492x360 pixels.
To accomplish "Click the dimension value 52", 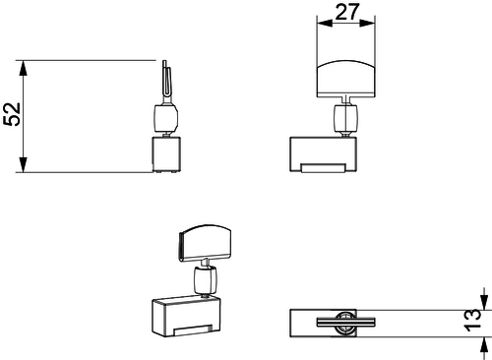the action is point(12,114).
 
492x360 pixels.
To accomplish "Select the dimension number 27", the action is point(347,12).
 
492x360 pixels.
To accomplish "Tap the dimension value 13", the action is point(472,320).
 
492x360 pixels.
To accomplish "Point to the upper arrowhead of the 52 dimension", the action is point(23,68).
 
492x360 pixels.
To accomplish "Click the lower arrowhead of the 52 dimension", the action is point(23,164).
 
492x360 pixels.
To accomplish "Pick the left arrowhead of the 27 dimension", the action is point(325,23).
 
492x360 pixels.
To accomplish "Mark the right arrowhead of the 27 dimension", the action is point(367,23).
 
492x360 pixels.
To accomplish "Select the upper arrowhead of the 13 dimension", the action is point(484,302).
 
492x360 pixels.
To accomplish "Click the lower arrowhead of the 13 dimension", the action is point(484,344).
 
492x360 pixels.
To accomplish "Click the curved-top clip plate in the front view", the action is point(345,79).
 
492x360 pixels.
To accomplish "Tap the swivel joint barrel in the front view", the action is point(345,117).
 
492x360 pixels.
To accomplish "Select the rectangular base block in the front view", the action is point(323,154).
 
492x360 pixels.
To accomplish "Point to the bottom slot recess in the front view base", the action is point(323,168).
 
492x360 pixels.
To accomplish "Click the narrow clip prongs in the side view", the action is point(167,81).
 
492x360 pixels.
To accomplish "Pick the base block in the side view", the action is point(166,154).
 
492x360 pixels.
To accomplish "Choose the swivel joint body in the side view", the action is point(166,117).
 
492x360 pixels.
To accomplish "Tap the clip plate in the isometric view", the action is point(205,243).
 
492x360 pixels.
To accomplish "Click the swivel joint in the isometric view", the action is point(206,280).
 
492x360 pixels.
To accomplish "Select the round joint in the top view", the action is point(344,323).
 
